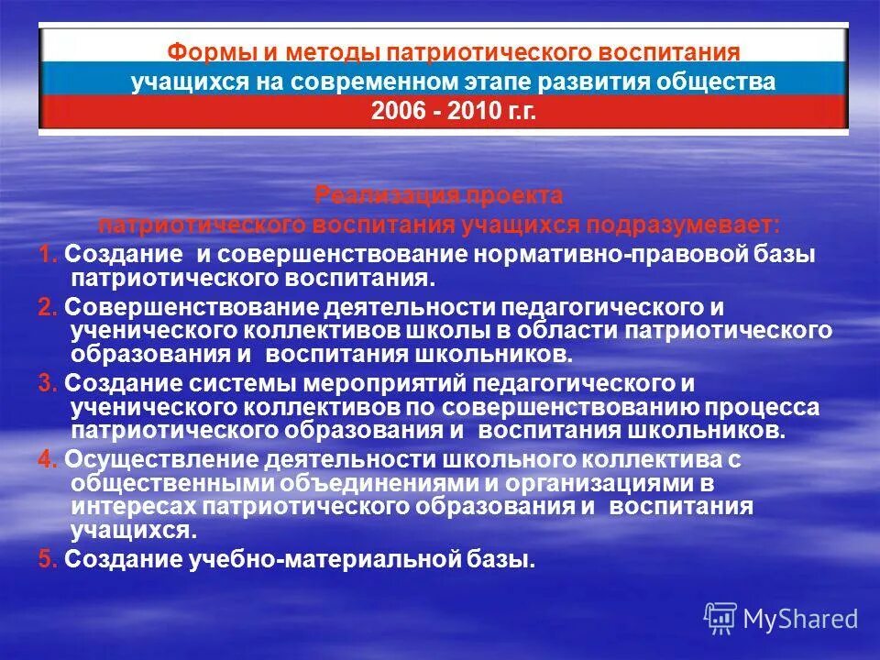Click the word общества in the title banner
(x=720, y=82)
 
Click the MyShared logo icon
(x=720, y=618)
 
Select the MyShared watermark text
(x=800, y=619)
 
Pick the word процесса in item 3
(x=774, y=407)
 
